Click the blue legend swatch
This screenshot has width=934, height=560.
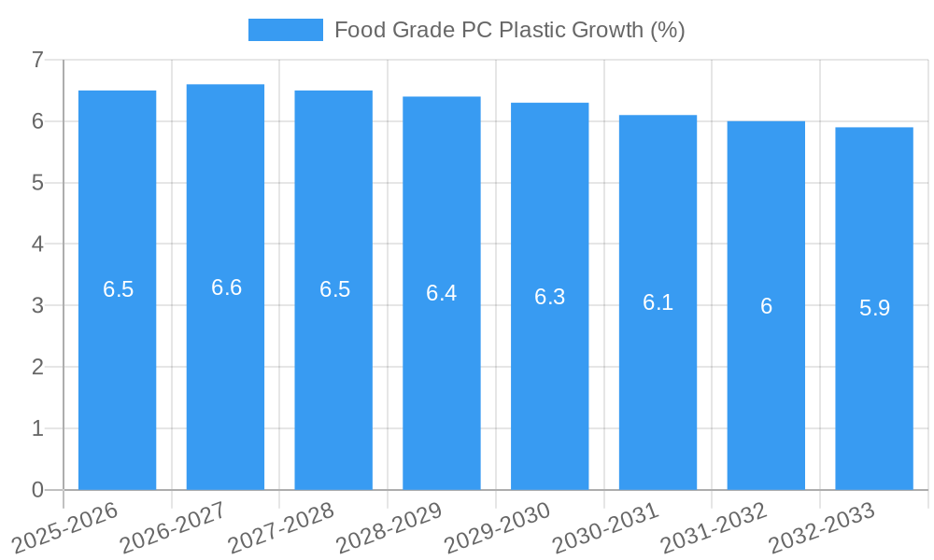285,30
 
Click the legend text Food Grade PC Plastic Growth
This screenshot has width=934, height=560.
509,30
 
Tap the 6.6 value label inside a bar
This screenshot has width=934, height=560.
226,287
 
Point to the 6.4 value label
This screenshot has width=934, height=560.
441,293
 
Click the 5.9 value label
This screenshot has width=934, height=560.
874,308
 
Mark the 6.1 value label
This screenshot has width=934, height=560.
658,302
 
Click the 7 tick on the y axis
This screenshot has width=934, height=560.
37,60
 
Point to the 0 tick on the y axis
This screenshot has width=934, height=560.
37,490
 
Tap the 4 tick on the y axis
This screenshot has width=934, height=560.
37,245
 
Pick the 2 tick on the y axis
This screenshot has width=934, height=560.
37,367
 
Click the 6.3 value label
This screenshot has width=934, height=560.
549,297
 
